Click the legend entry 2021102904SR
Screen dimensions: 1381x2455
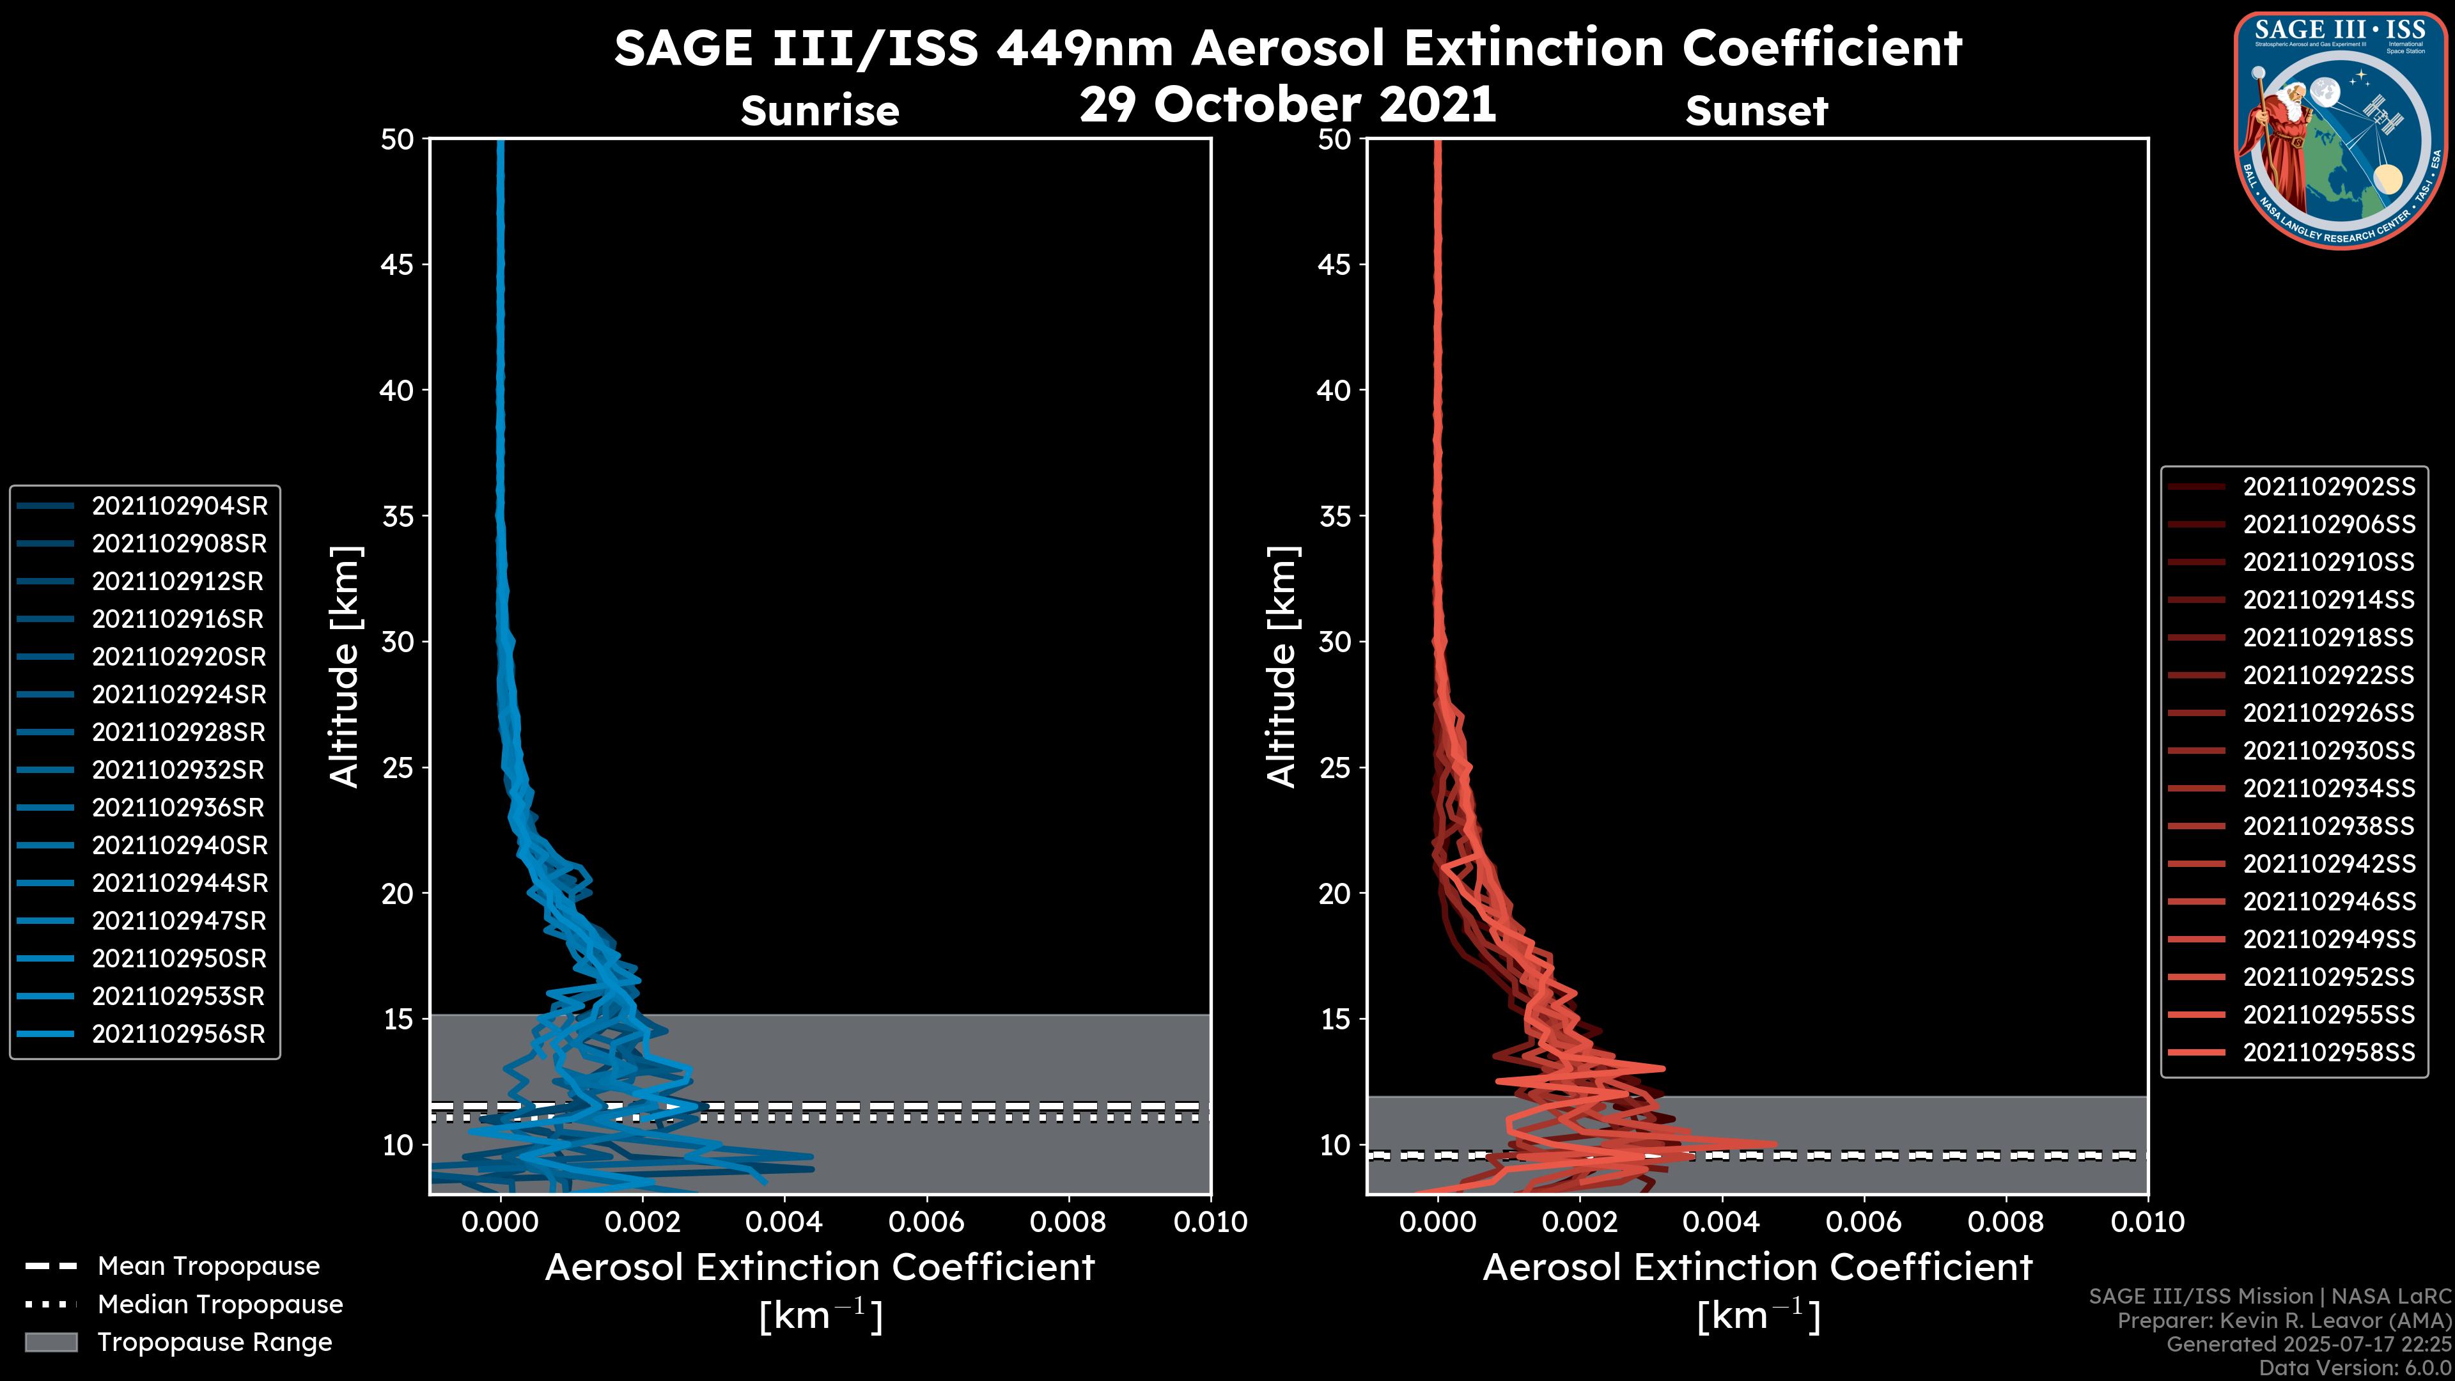point(179,506)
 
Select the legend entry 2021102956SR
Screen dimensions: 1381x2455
point(178,1034)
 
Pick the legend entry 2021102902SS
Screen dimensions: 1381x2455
point(2328,487)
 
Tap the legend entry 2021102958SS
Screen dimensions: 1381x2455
point(2328,1052)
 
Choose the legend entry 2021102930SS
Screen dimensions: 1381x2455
point(2328,751)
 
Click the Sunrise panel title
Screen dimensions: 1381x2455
point(820,111)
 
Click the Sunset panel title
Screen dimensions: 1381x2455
point(1756,111)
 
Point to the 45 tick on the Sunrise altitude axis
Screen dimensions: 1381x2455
point(398,265)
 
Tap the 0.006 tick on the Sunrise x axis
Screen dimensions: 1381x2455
point(926,1222)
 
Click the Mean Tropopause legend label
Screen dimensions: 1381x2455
point(208,1267)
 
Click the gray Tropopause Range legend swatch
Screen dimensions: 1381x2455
point(51,1343)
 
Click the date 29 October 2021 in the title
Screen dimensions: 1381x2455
point(1288,104)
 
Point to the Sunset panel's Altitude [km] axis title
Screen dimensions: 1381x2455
point(1282,667)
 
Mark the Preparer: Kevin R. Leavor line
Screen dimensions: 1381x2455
point(2284,1321)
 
